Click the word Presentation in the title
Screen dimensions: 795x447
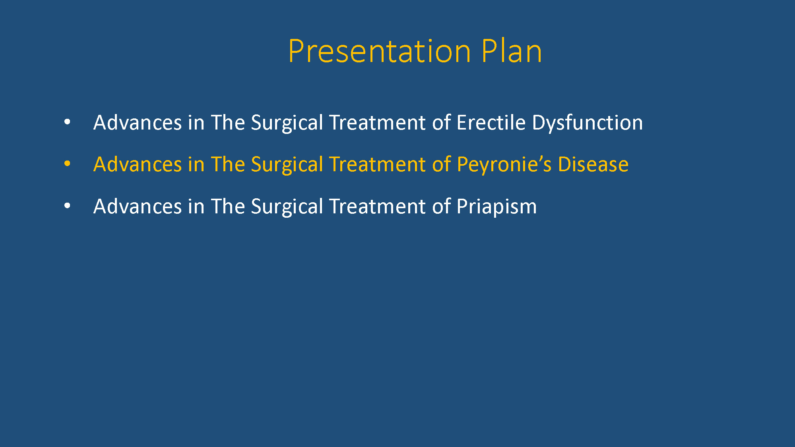pos(380,51)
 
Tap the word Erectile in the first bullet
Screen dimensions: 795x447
pos(491,122)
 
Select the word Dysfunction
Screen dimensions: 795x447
pos(587,123)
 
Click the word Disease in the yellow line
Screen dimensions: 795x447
pos(593,164)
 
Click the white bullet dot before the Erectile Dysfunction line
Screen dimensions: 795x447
pos(67,122)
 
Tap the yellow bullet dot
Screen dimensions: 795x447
pos(67,164)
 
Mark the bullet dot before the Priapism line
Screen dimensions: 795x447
pos(67,206)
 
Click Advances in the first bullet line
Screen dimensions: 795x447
pos(138,123)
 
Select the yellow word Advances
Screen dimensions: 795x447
pos(138,164)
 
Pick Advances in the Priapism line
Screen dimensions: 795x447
pos(138,207)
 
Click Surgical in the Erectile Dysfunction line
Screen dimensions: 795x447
pos(287,123)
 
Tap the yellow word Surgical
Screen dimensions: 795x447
pos(287,165)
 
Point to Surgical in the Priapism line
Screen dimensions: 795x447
pos(287,207)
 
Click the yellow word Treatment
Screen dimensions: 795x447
pos(377,164)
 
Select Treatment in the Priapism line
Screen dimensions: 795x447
pos(377,207)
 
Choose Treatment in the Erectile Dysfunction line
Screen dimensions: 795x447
pos(377,123)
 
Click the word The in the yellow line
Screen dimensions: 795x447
pos(228,164)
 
